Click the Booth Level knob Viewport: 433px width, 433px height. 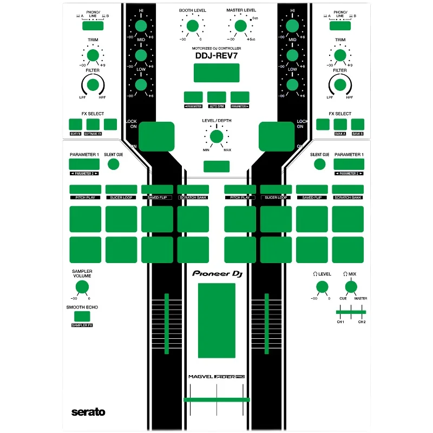[x=191, y=25]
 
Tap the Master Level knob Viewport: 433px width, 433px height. [x=239, y=25]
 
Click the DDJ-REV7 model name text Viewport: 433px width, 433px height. [x=216, y=55]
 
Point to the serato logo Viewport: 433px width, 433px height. [x=88, y=412]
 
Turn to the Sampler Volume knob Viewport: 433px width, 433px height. [x=82, y=287]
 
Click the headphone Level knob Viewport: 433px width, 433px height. [x=322, y=287]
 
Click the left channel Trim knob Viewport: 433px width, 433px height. [x=93, y=55]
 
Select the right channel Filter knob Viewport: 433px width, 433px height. [x=340, y=84]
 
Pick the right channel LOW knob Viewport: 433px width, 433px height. [x=292, y=84]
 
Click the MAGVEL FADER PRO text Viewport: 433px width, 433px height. [x=216, y=377]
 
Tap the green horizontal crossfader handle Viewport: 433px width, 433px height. [x=216, y=399]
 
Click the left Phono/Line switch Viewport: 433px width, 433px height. [x=93, y=25]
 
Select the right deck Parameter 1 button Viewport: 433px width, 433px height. [x=349, y=165]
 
